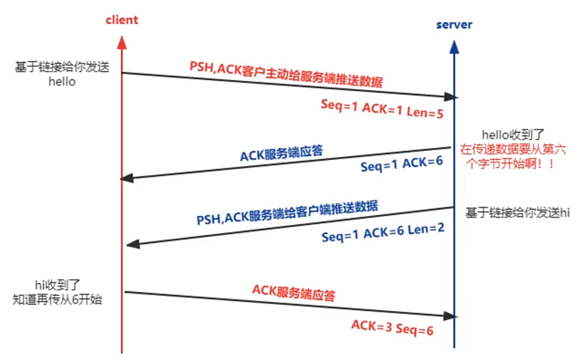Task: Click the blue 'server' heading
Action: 454,25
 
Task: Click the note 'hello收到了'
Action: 510,133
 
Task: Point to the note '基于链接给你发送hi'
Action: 517,214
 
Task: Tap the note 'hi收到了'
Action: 57,284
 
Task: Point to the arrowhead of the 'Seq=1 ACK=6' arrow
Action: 128,178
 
